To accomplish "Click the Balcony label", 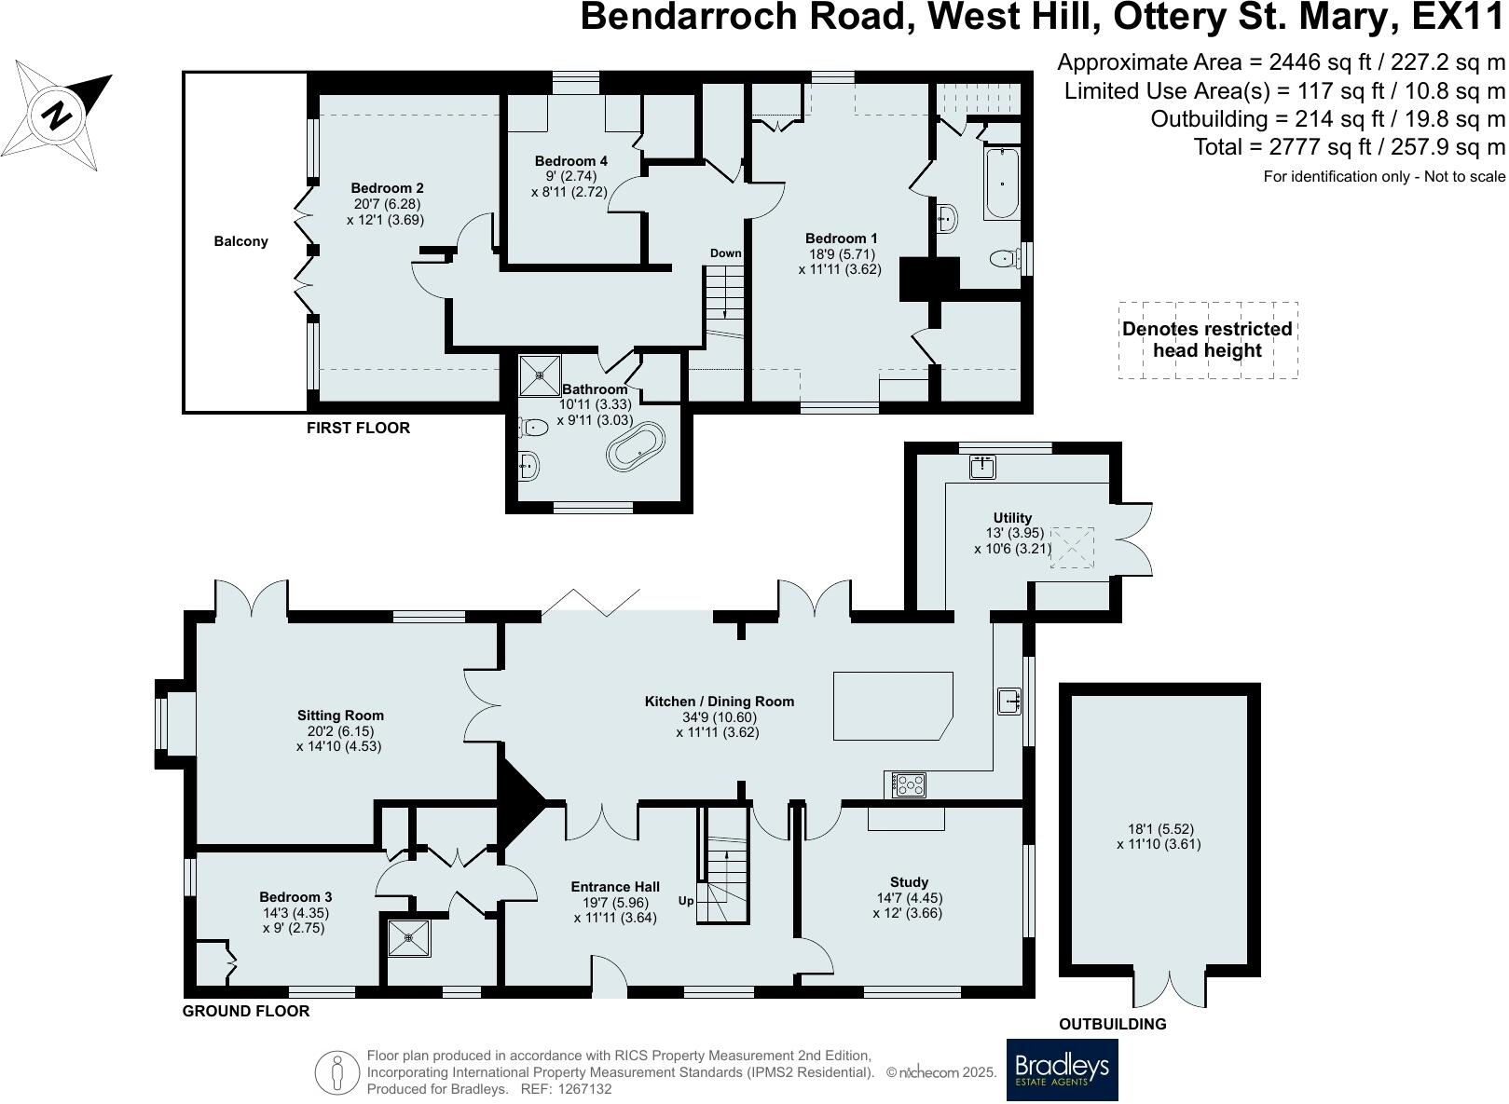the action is [241, 241].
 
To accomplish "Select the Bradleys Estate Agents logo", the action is [1062, 1069].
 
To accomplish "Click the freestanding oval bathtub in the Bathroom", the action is [636, 446].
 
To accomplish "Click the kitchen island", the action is [893, 705].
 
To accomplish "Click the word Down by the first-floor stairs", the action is [725, 253].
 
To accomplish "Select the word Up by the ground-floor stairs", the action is [686, 900].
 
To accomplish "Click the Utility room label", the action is [1012, 517].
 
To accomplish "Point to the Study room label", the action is [910, 882].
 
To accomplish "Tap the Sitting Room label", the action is [340, 715].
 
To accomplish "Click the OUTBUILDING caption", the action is [1113, 1024].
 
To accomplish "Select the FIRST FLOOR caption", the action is [359, 428].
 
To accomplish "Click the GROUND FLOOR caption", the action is [246, 1011].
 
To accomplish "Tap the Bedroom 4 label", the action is [571, 161].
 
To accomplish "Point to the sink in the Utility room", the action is [983, 467].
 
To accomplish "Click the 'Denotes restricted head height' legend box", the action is [1208, 340].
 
